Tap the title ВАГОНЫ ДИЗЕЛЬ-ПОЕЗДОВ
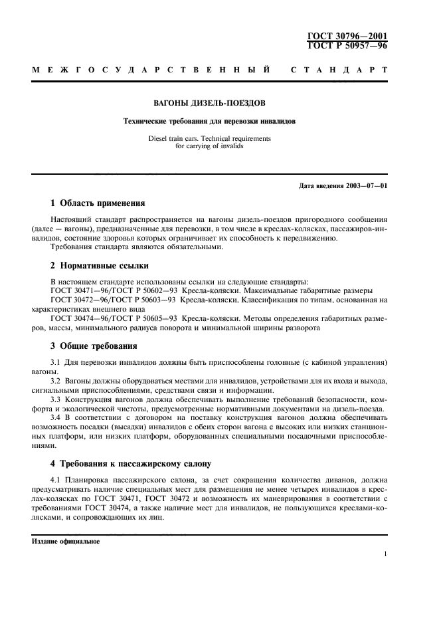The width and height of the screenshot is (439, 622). tap(210, 103)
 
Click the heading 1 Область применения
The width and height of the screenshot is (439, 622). tap(98, 203)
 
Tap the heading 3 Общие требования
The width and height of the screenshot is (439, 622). tap(94, 346)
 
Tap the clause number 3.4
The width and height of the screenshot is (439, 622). tap(56, 409)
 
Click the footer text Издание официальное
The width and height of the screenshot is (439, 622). tap(66, 541)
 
